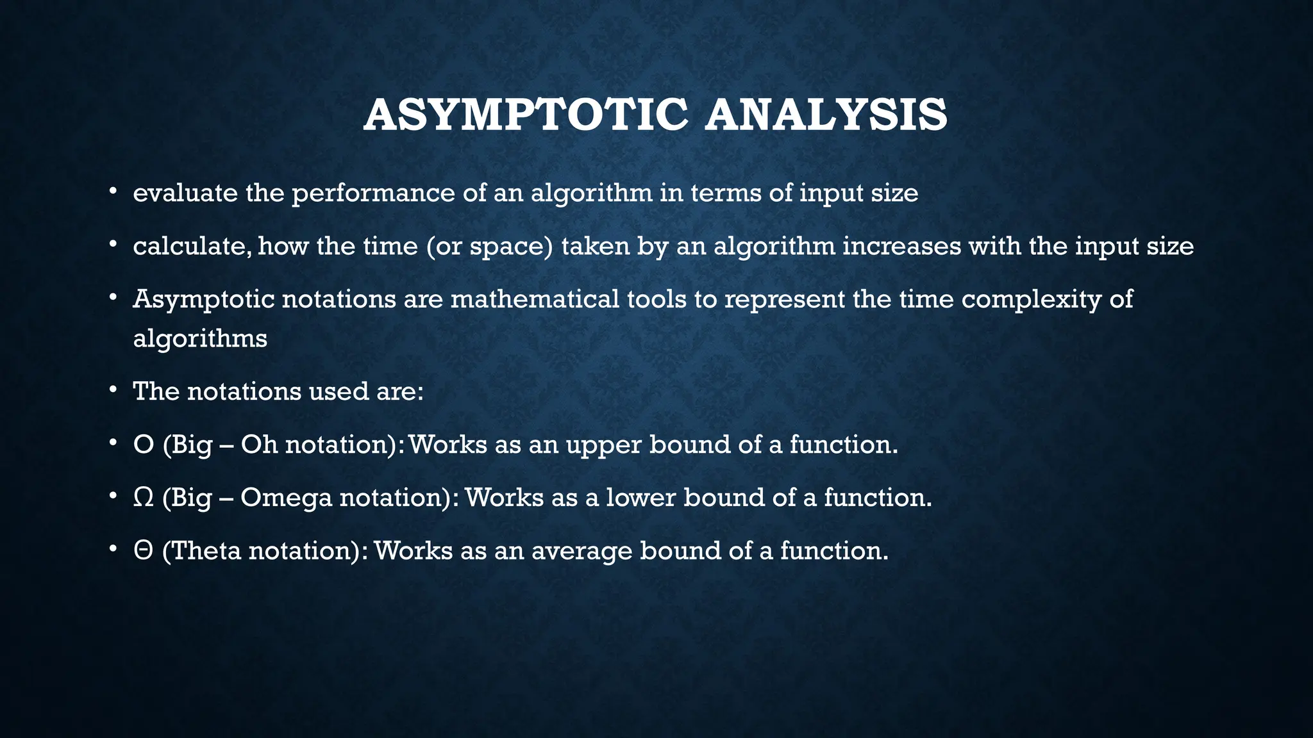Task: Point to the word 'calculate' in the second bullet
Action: (191, 247)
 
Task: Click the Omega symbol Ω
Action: (143, 498)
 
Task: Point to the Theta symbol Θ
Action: (143, 551)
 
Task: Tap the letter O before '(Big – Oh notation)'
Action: (144, 445)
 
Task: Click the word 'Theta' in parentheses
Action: (206, 551)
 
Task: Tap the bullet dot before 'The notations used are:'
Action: (113, 389)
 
